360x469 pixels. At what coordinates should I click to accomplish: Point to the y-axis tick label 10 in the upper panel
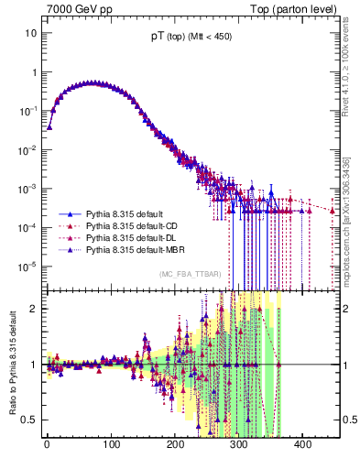click(x=31, y=33)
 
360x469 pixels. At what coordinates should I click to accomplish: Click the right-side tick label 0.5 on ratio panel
click(x=349, y=420)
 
